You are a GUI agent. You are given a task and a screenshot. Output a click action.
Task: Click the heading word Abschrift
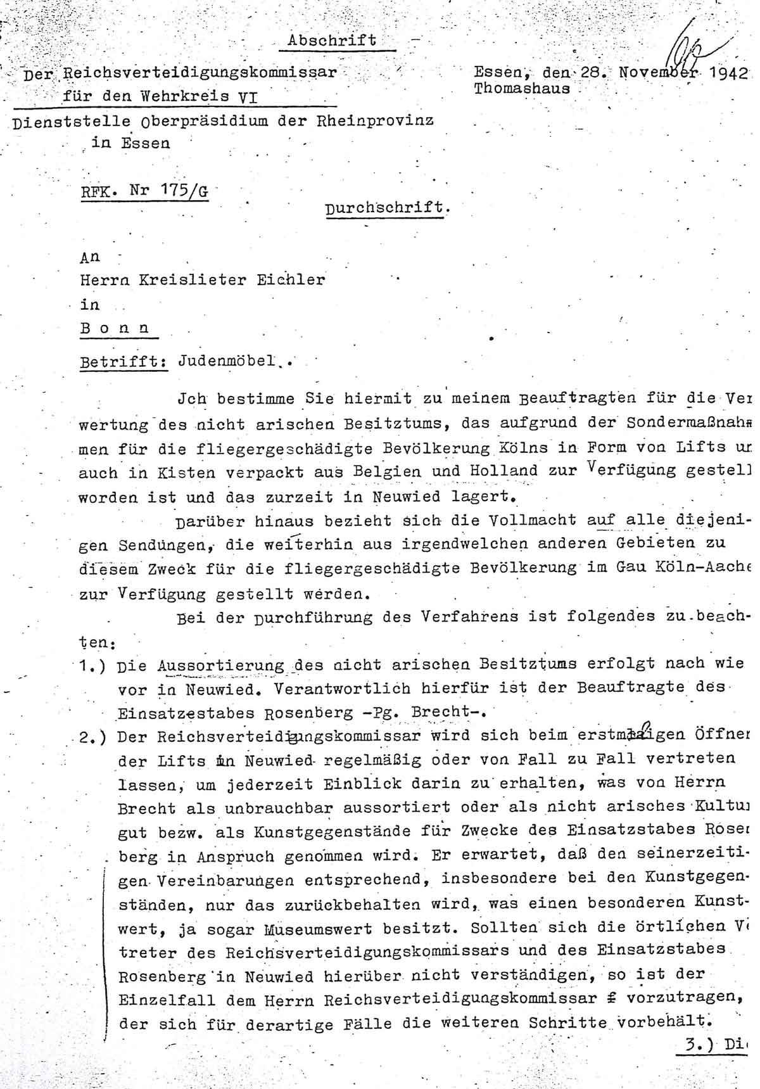coord(332,40)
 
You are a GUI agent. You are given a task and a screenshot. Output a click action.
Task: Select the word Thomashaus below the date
coord(522,88)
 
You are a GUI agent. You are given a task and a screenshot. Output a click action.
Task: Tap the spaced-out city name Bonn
coord(115,329)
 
